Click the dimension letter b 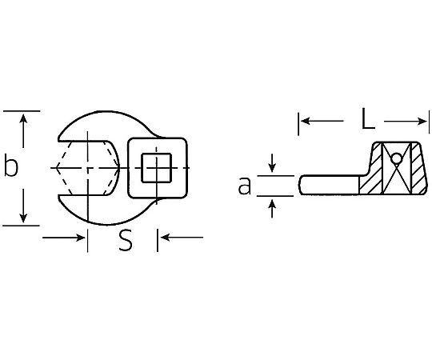(x=11, y=167)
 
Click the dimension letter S (x=126, y=241)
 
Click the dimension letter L (x=368, y=118)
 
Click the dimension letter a (x=245, y=186)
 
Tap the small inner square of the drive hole (x=157, y=168)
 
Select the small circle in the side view (x=397, y=158)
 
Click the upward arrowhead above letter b (x=23, y=118)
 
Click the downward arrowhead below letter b (x=23, y=218)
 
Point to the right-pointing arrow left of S (x=63, y=237)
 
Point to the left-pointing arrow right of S (x=182, y=237)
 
